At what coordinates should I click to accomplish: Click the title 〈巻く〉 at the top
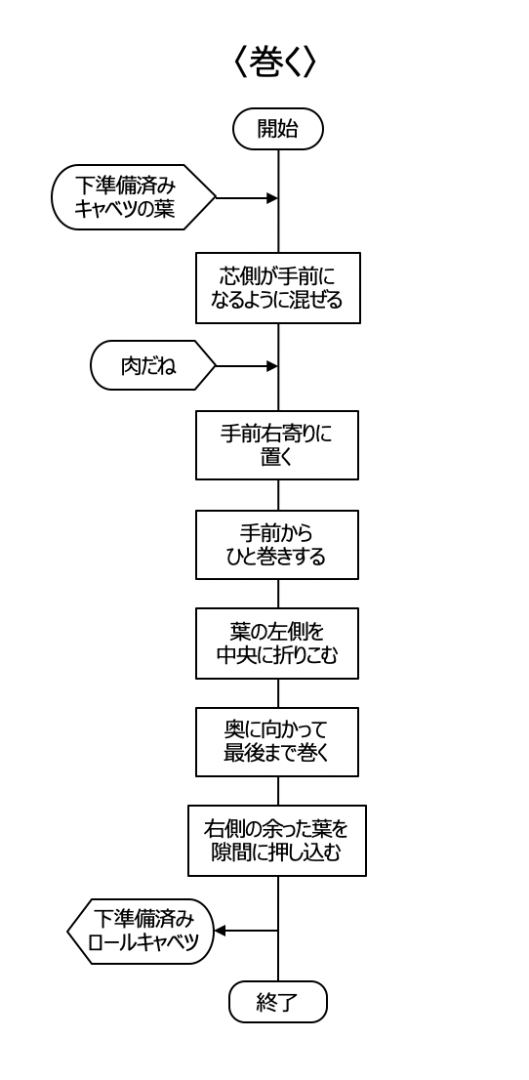click(275, 61)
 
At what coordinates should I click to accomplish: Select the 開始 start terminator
click(278, 129)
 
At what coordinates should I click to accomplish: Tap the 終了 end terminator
click(277, 1002)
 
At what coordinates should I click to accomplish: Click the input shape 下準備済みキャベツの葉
click(134, 197)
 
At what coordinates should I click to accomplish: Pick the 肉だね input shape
click(153, 366)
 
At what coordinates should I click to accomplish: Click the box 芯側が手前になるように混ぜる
click(278, 288)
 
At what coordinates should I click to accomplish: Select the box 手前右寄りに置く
click(277, 445)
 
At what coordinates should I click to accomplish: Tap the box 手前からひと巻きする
click(277, 545)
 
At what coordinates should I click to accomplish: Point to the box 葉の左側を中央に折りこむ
click(277, 644)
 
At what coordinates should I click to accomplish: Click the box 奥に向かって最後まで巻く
click(277, 742)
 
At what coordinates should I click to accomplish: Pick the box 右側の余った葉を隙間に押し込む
click(277, 841)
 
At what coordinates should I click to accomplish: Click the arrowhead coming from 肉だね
click(272, 366)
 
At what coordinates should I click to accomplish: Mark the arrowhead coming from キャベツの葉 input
click(272, 197)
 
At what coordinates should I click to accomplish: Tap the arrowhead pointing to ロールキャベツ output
click(220, 932)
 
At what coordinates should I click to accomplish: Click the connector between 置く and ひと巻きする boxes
click(278, 495)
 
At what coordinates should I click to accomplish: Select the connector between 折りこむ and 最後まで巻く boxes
click(278, 693)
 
